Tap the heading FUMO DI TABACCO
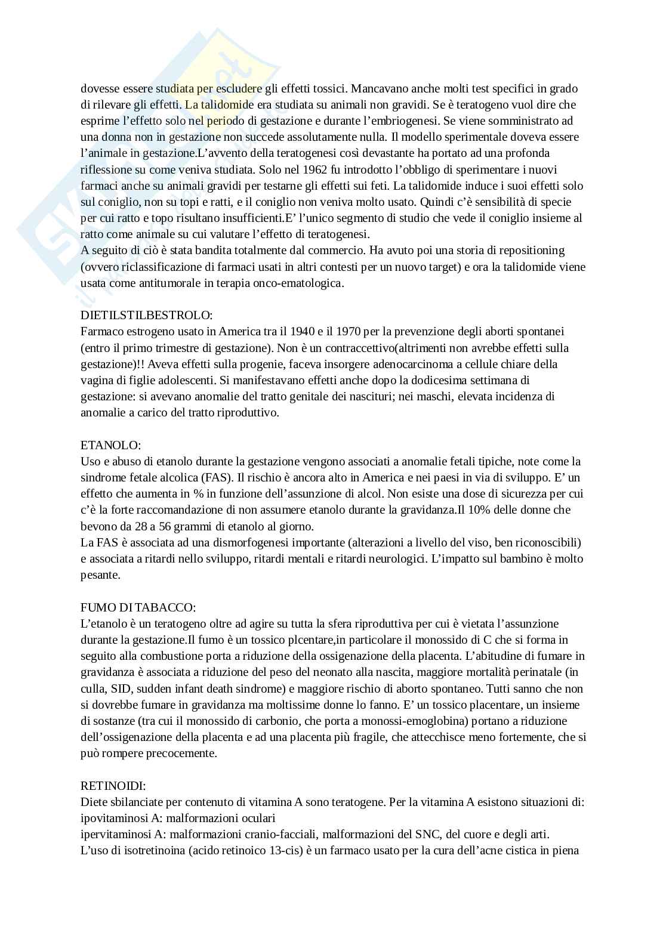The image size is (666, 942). [x=138, y=607]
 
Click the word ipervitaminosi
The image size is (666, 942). [x=112, y=834]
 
